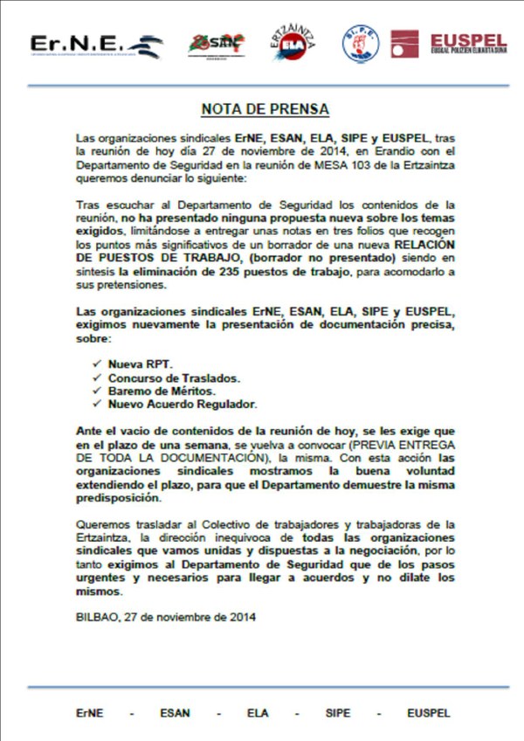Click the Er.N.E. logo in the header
click(96, 45)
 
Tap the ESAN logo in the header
click(216, 44)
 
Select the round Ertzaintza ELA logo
click(293, 43)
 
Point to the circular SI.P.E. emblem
click(360, 43)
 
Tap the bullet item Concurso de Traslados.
click(174, 377)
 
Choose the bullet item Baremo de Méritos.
click(162, 391)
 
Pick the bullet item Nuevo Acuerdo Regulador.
click(182, 405)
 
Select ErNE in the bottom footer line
click(89, 713)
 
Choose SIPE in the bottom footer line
click(337, 713)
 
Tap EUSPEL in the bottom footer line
click(428, 713)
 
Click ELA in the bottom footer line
click(258, 713)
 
